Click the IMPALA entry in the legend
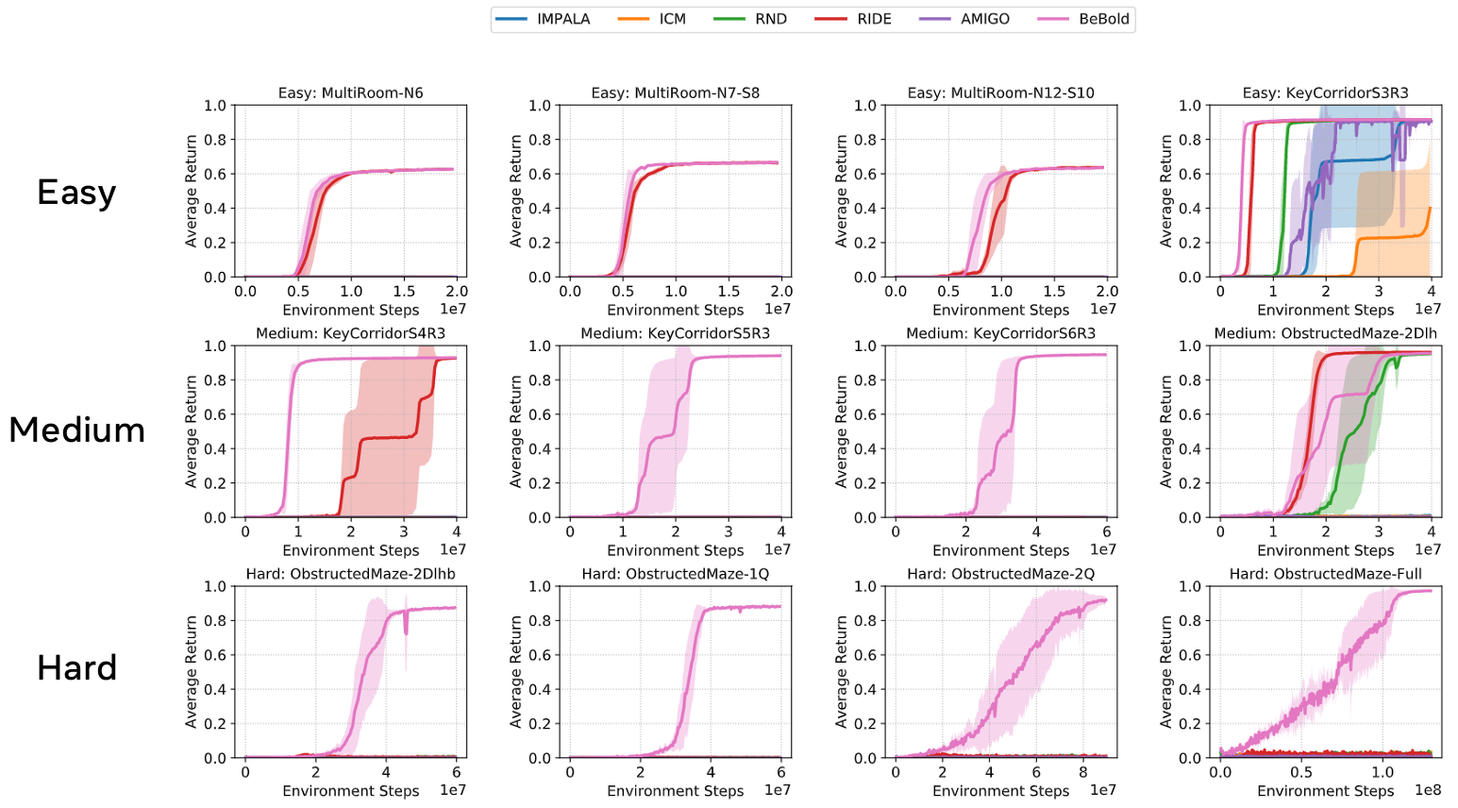click(562, 19)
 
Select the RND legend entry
click(770, 19)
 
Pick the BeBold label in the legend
click(1103, 19)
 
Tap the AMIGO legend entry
click(984, 19)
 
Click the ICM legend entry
click(672, 19)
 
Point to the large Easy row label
click(76, 193)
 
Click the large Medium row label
click(76, 430)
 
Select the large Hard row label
click(76, 668)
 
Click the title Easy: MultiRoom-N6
click(350, 93)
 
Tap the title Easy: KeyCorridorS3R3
click(1325, 93)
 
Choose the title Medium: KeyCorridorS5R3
click(675, 333)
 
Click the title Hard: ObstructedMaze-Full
click(1325, 574)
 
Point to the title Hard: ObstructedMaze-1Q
click(675, 574)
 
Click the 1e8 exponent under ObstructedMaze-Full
click(1427, 790)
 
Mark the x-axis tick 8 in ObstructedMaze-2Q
click(1082, 772)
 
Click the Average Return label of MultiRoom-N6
click(192, 191)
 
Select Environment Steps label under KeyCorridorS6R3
click(1000, 550)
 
